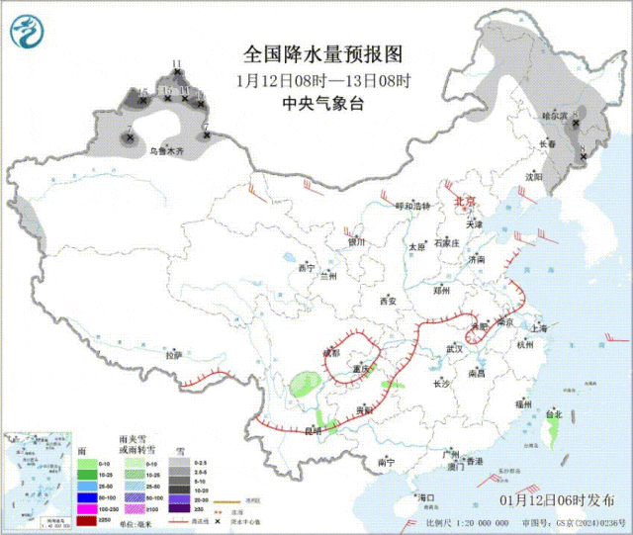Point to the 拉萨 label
174,353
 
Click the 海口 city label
426,496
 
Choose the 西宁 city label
306,268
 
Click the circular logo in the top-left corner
28,33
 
